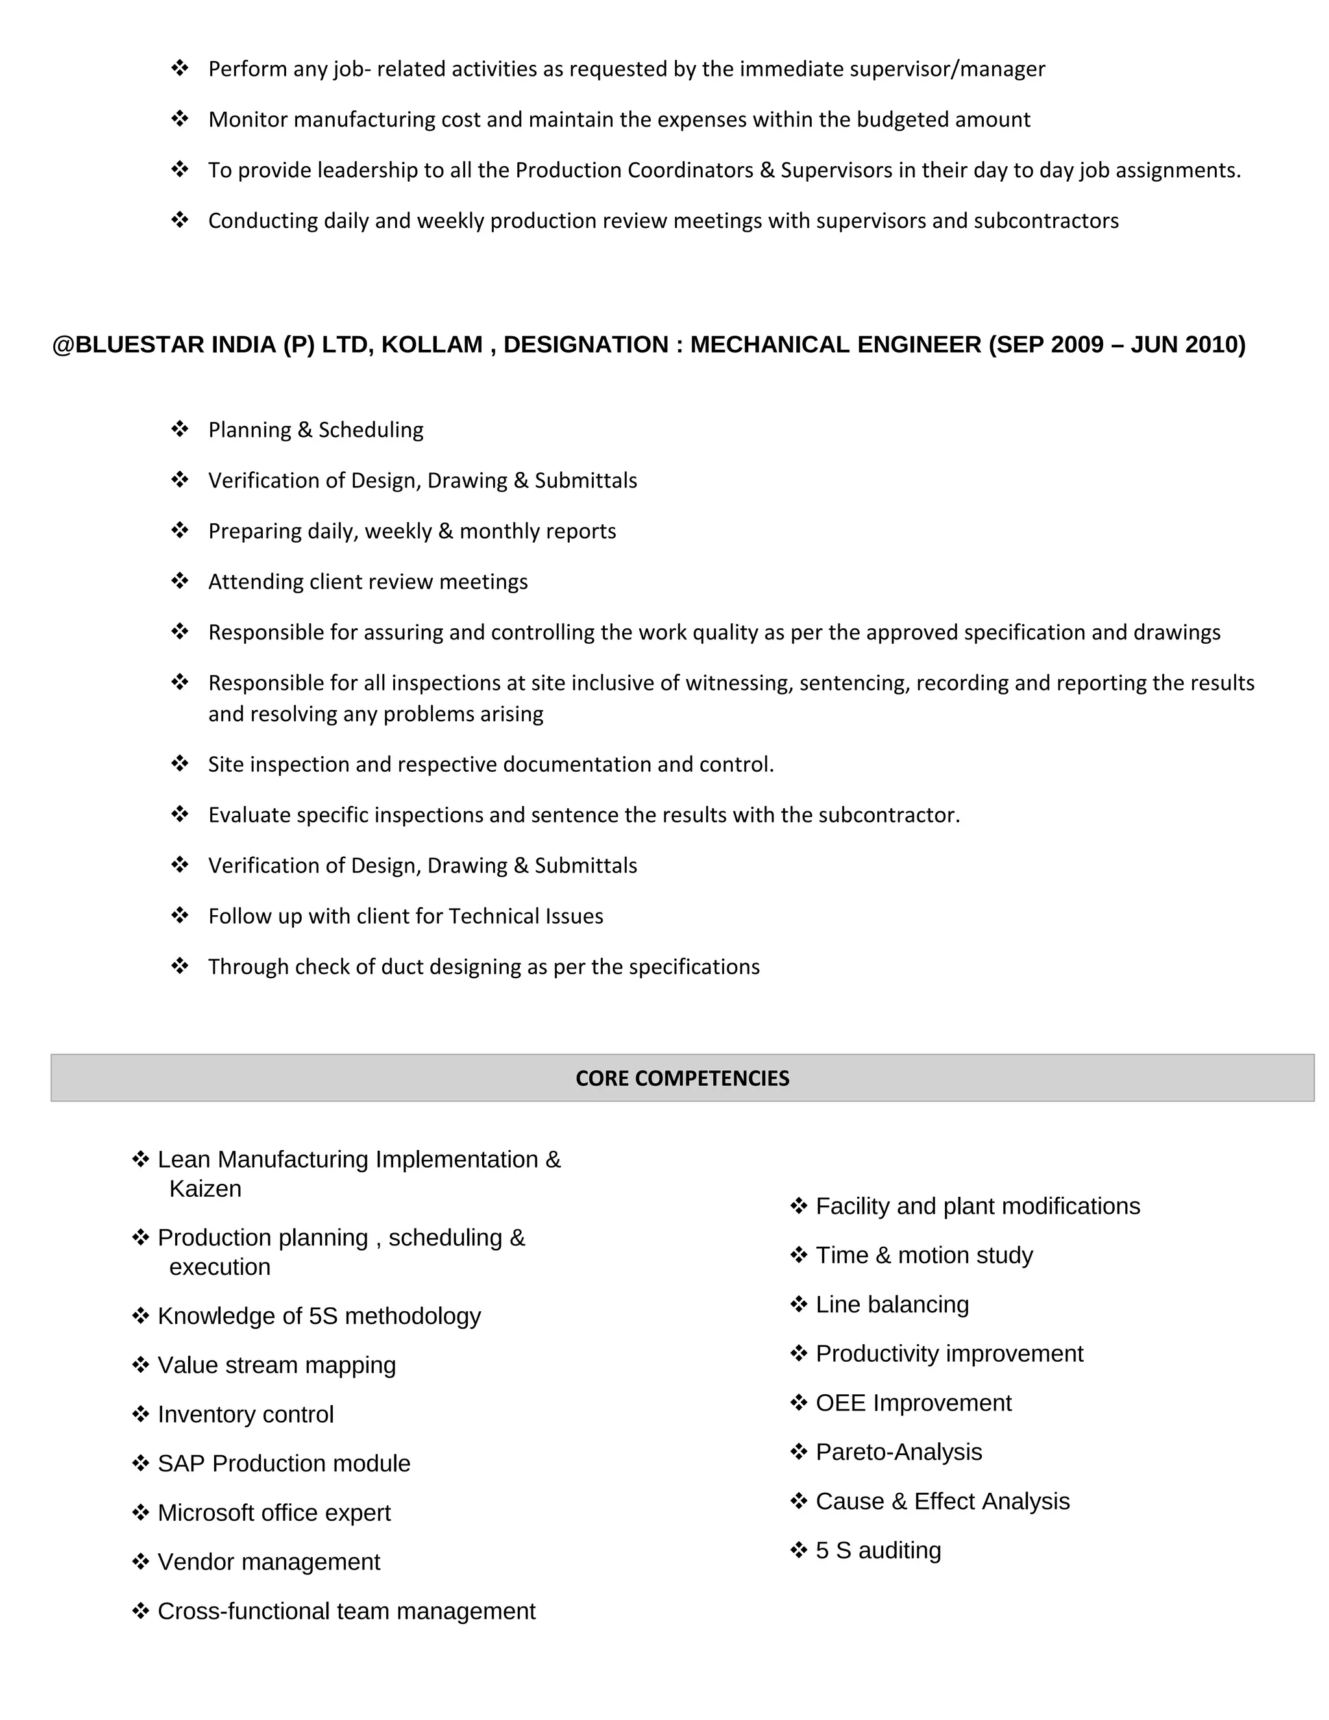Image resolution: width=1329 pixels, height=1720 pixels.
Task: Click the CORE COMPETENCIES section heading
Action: point(682,1078)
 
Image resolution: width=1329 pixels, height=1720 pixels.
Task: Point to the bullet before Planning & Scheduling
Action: point(180,429)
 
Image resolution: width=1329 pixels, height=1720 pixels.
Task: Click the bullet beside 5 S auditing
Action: point(798,1550)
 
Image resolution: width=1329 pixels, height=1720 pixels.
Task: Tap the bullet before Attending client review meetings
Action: point(180,581)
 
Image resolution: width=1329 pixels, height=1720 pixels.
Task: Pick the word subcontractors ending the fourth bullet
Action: point(1045,221)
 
